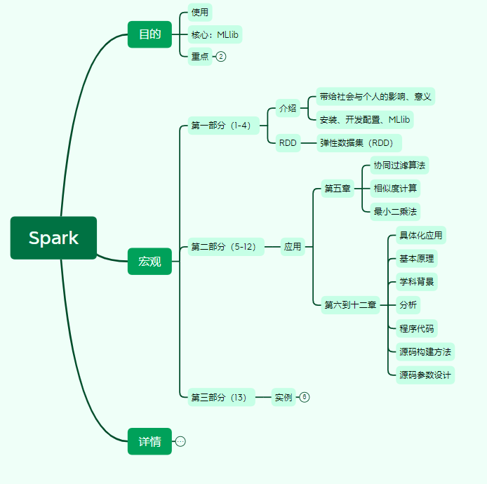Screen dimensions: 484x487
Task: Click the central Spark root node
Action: [x=53, y=238]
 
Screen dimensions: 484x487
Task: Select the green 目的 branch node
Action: [x=149, y=34]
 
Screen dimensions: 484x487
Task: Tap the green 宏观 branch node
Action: [x=149, y=262]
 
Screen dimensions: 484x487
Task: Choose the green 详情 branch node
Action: [x=149, y=441]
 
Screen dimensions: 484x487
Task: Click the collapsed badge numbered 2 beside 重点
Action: [x=221, y=57]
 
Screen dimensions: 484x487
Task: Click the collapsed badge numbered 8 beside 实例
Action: [x=304, y=397]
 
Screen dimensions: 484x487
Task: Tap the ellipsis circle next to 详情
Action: [x=180, y=441]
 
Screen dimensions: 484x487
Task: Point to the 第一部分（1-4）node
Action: [x=220, y=126]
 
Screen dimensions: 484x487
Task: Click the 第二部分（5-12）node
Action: [x=224, y=247]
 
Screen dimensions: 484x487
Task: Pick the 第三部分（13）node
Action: [x=218, y=397]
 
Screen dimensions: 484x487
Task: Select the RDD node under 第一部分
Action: [x=287, y=143]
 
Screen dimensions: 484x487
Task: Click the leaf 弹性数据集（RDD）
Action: [x=357, y=143]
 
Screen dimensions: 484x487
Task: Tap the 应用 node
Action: [x=292, y=247]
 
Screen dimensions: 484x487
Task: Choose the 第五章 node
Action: [x=337, y=189]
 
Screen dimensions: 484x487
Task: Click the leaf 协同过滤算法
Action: [x=399, y=166]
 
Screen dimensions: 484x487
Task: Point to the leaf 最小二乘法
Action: [x=396, y=211]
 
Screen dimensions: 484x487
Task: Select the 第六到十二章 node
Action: [x=349, y=304]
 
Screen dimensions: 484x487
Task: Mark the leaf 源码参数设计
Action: [x=425, y=375]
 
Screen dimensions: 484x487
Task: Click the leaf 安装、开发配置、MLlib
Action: [x=364, y=119]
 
